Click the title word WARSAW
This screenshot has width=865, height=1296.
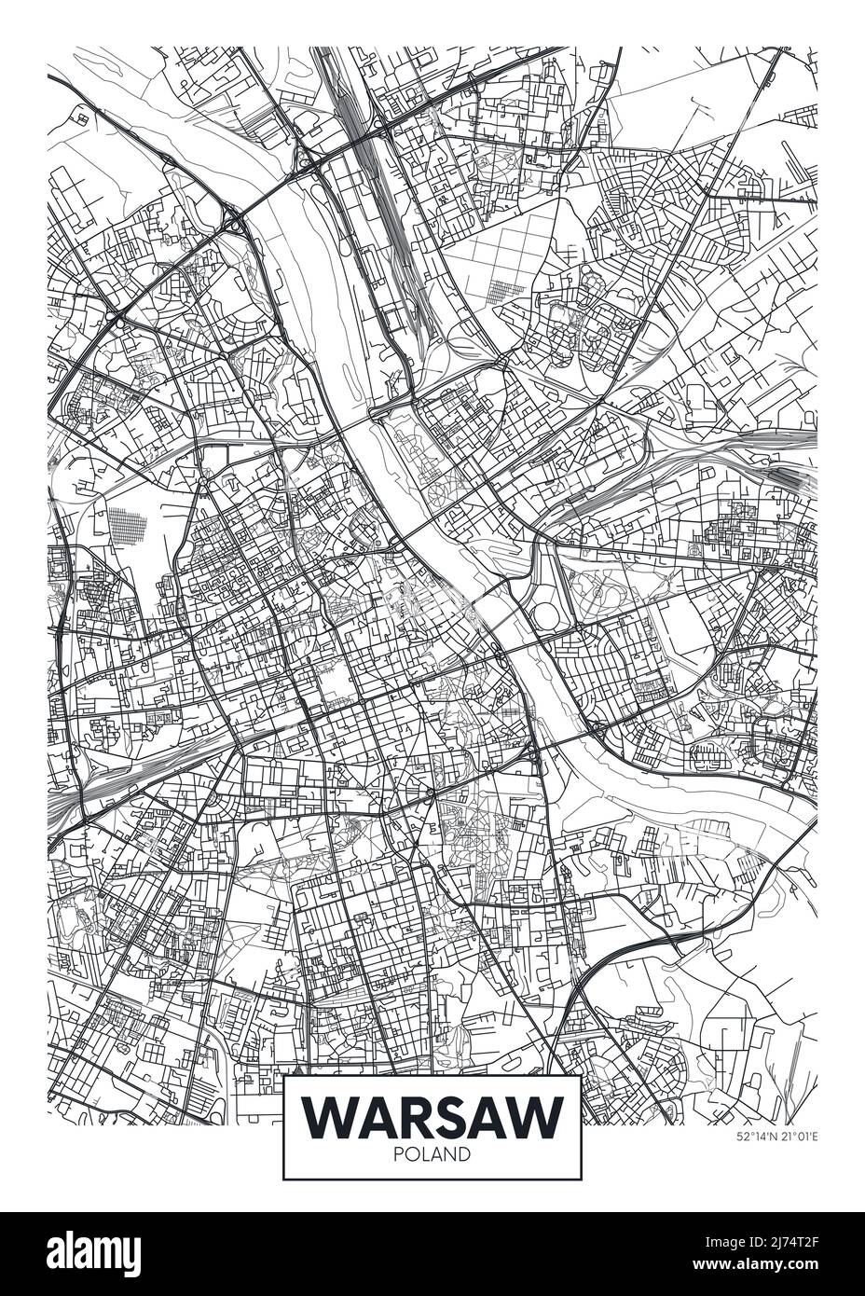(x=433, y=1115)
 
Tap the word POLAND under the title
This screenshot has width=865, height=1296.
(x=433, y=1154)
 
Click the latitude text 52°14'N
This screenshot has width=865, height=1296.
(x=755, y=1137)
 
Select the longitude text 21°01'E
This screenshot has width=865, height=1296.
(x=797, y=1137)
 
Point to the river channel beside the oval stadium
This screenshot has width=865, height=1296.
(x=508, y=615)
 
